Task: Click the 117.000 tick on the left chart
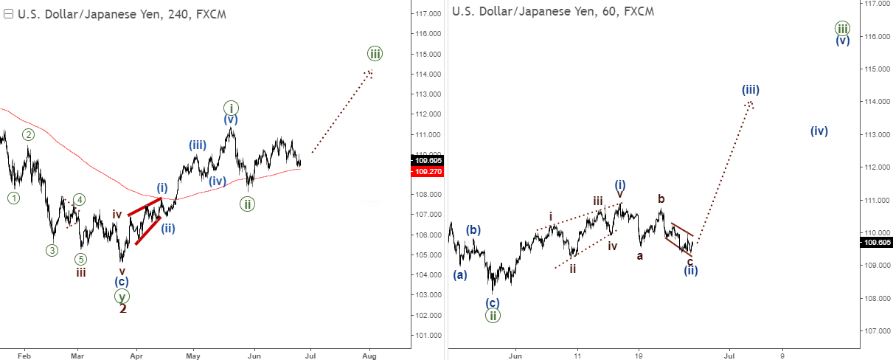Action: point(428,14)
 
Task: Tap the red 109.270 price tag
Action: point(428,170)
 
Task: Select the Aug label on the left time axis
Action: point(370,354)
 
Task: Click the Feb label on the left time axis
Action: point(24,354)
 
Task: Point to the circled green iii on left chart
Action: point(375,53)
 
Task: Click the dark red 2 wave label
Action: point(123,308)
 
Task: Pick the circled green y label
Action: point(122,296)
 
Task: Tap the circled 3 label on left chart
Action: point(52,250)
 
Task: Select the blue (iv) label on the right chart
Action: point(819,131)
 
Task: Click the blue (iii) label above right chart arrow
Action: point(751,90)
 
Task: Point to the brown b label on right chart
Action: point(661,198)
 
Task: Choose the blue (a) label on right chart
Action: point(460,274)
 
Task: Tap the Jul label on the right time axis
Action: point(729,354)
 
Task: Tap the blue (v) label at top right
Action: point(843,41)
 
